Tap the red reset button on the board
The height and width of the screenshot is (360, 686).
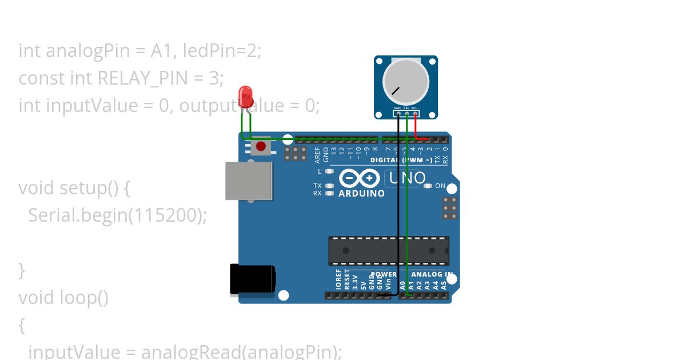click(x=261, y=146)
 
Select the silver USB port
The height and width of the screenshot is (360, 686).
click(x=248, y=181)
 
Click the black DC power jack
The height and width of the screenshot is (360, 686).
click(x=252, y=279)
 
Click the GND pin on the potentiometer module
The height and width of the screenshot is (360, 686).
click(x=397, y=109)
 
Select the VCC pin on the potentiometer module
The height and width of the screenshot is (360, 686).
click(x=414, y=109)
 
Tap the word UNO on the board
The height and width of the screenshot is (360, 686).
click(x=407, y=178)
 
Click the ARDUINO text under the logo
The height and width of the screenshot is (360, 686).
click(x=361, y=194)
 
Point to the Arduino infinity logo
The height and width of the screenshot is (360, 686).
click(x=359, y=178)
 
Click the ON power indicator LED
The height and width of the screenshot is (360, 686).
click(x=428, y=186)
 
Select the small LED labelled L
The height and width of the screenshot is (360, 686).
click(x=329, y=171)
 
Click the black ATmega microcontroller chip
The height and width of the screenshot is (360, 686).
click(x=388, y=251)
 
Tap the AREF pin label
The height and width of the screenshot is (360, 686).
click(x=318, y=154)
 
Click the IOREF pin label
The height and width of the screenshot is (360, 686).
click(x=338, y=279)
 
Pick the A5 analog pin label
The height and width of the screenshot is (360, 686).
click(x=444, y=283)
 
